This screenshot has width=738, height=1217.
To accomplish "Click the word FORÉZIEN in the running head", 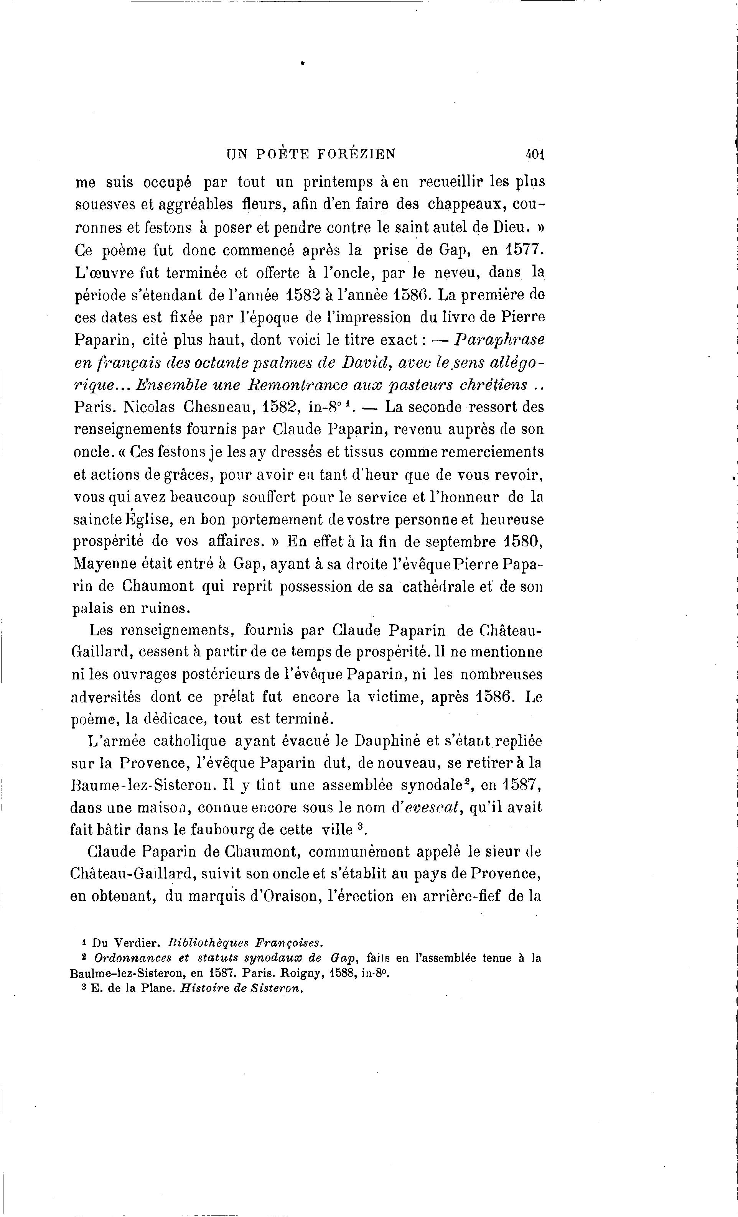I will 356,154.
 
